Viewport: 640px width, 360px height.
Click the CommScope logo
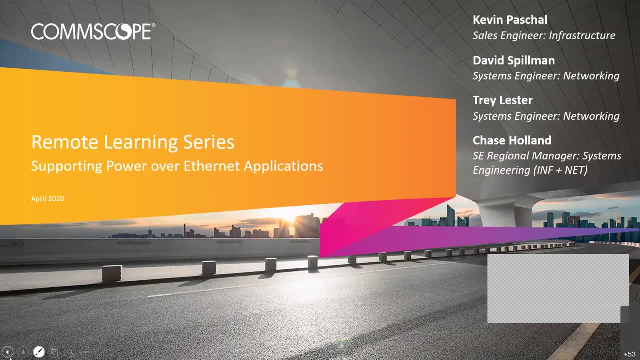tap(93, 31)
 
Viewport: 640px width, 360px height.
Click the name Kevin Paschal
tap(510, 20)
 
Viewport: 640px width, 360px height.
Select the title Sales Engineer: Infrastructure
tap(544, 35)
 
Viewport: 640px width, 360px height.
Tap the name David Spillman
tap(514, 60)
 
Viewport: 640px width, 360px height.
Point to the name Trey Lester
tap(503, 100)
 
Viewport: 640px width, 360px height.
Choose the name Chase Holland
tap(512, 140)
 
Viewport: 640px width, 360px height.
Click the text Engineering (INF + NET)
tap(530, 170)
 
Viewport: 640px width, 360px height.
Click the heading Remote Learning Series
tap(133, 142)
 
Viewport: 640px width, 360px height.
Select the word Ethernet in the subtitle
tap(211, 166)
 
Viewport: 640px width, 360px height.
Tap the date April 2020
tap(48, 199)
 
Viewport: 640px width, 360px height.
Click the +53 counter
tap(629, 354)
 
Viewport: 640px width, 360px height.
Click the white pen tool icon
tap(39, 352)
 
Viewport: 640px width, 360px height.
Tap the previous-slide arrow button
tap(7, 352)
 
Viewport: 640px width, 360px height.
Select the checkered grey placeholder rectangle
tap(558, 288)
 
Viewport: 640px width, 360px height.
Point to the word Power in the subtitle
tap(126, 166)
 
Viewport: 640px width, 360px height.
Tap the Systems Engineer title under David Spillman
tap(546, 76)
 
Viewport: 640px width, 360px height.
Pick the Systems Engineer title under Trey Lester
tap(546, 116)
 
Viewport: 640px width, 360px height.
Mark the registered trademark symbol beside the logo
tap(154, 25)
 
